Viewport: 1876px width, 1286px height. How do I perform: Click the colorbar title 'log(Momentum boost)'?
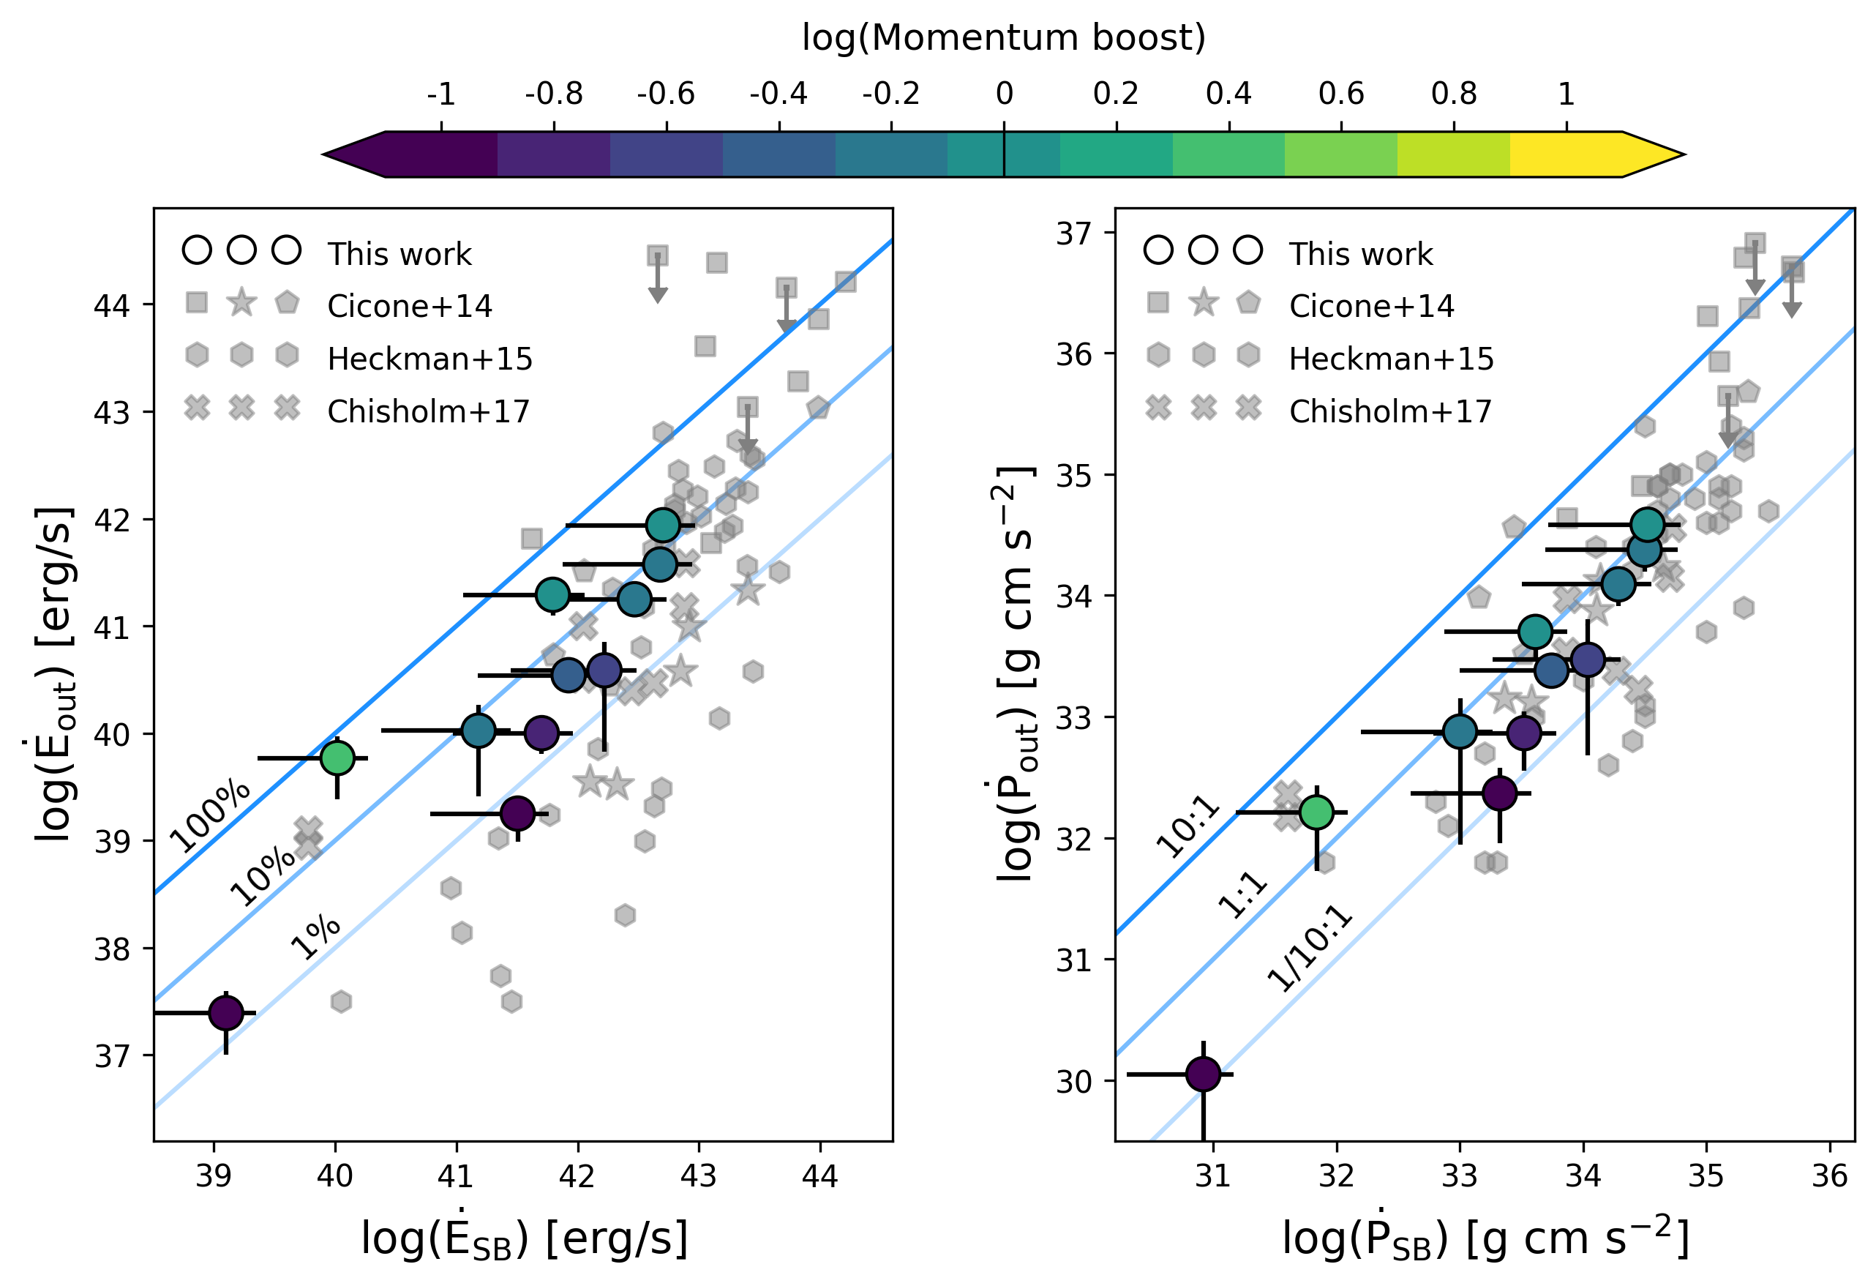coord(1003,38)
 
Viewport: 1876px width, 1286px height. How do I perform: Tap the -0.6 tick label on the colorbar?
coord(665,94)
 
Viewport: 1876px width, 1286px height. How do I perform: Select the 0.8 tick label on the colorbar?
coord(1453,94)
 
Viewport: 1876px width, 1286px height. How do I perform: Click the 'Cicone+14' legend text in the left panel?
coord(409,306)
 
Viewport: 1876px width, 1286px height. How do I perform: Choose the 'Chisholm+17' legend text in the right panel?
coord(1390,412)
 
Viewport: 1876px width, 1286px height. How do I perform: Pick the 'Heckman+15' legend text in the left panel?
coord(429,359)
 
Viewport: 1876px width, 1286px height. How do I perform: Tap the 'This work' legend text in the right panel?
coord(1360,253)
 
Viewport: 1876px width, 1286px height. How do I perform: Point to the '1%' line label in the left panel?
coord(315,936)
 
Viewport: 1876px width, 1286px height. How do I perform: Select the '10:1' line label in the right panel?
coord(1187,826)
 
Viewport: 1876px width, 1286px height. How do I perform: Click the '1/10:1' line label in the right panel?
coord(1310,949)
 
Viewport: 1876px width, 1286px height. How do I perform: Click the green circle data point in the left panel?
coord(337,758)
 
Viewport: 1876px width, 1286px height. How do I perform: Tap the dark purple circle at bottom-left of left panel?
coord(226,1012)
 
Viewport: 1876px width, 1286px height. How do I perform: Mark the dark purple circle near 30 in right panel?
coord(1204,1074)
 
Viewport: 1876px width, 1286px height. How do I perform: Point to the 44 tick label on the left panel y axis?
coord(111,306)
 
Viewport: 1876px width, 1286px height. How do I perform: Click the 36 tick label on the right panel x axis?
coord(1829,1177)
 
